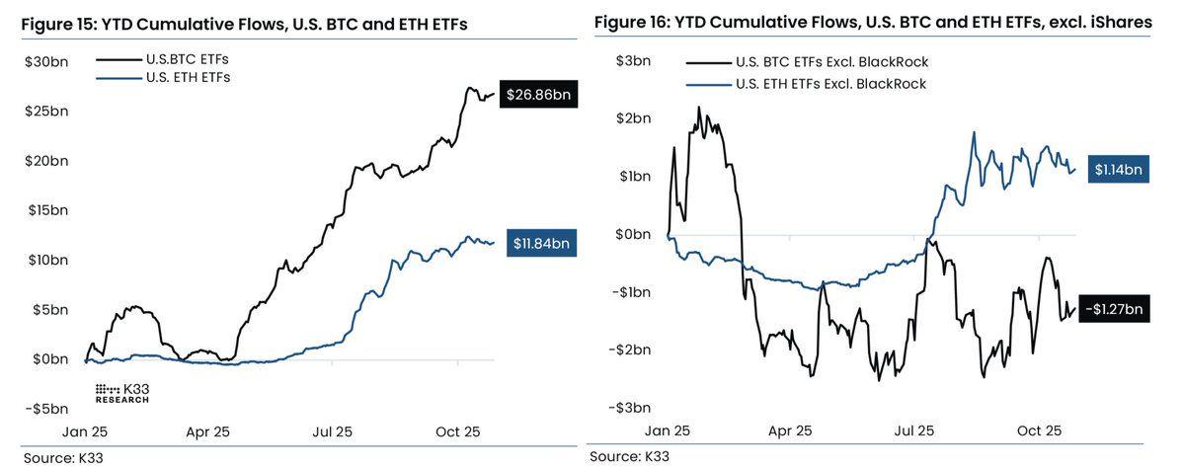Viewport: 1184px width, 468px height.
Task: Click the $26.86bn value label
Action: click(538, 95)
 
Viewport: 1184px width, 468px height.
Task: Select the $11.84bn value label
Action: click(542, 243)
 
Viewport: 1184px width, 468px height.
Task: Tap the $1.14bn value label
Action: click(1118, 170)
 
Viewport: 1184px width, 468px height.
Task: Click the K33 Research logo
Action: click(122, 392)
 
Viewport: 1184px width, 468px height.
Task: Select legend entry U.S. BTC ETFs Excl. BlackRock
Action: click(831, 62)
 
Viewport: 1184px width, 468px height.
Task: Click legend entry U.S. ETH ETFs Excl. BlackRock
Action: click(831, 84)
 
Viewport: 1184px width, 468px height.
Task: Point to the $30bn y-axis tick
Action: click(46, 61)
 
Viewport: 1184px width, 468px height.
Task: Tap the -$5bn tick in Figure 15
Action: click(46, 408)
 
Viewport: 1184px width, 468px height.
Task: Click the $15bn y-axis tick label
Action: click(46, 209)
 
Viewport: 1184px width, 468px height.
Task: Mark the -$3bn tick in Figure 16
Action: click(629, 408)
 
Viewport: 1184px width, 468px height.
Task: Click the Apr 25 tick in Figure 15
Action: click(207, 432)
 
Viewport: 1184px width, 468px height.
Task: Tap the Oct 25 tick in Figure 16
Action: click(1038, 431)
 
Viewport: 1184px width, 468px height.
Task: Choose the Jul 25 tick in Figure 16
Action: click(913, 431)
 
